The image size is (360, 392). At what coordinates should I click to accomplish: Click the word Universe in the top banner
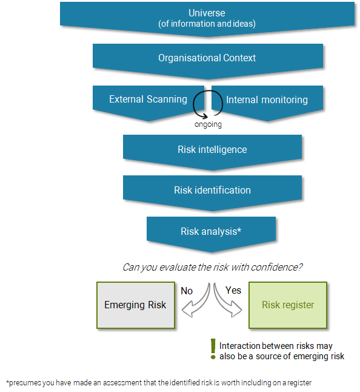[207, 13]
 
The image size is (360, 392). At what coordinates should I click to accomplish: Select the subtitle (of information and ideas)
[207, 24]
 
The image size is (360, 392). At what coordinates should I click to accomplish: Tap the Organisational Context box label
[207, 58]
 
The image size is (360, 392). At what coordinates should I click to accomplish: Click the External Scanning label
[148, 100]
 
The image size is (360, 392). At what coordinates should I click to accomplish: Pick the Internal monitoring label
[267, 100]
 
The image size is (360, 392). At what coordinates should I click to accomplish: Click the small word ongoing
[208, 124]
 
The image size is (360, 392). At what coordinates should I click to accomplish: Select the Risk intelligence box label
[212, 149]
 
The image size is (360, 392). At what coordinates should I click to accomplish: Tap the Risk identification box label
[212, 190]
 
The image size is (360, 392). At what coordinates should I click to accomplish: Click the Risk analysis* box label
[211, 231]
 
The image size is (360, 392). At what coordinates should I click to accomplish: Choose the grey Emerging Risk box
[136, 305]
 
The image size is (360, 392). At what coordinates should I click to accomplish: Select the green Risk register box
[288, 305]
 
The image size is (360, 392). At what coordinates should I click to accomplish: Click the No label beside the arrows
[187, 291]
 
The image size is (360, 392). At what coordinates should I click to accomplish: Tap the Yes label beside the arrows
[233, 290]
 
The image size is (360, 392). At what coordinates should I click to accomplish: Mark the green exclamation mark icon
[213, 349]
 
